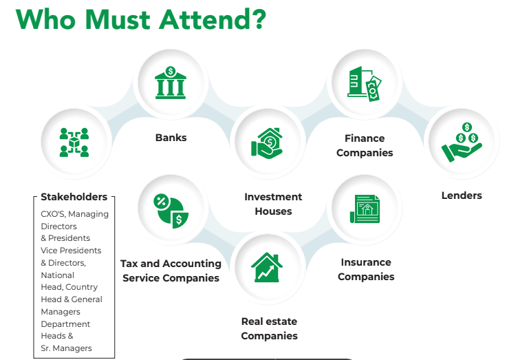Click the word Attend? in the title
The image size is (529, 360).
click(213, 19)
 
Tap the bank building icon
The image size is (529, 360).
click(171, 83)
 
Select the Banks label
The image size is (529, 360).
click(171, 138)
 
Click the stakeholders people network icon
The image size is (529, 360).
click(74, 142)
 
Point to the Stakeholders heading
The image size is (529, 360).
click(74, 197)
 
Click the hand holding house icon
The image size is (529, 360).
click(267, 143)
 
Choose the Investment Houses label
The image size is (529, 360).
click(273, 204)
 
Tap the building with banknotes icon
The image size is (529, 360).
click(365, 84)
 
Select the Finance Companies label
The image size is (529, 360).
click(365, 145)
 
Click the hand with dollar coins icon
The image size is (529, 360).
click(462, 142)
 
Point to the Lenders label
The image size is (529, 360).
click(462, 195)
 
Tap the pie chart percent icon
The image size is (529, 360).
click(171, 211)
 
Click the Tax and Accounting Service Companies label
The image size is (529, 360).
click(171, 271)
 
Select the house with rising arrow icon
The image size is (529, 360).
click(267, 267)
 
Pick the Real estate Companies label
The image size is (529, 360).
click(269, 328)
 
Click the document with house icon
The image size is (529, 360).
click(365, 209)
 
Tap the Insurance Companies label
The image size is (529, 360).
click(366, 270)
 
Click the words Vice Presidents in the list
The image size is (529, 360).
click(71, 251)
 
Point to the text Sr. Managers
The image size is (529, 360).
click(66, 348)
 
